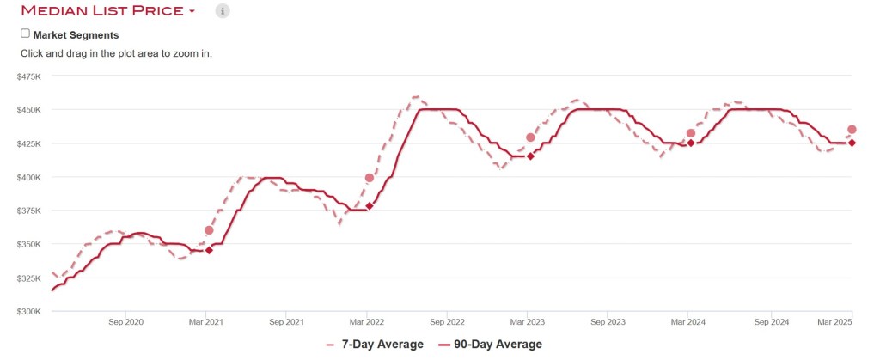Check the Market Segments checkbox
[25, 34]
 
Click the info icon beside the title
[223, 11]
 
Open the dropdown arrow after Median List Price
[192, 12]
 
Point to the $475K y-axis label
[29, 76]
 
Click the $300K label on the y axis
[29, 312]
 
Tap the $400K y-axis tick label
[29, 177]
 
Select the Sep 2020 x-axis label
[126, 323]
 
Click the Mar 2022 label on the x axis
[368, 323]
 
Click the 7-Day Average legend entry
[375, 345]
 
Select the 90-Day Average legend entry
[493, 345]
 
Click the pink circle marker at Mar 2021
[209, 230]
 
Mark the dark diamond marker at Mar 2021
[209, 250]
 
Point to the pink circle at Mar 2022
[370, 178]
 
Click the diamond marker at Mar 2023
[530, 156]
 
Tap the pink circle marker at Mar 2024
[691, 133]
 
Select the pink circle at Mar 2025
[852, 130]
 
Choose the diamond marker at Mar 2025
[852, 143]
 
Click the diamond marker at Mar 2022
[370, 206]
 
